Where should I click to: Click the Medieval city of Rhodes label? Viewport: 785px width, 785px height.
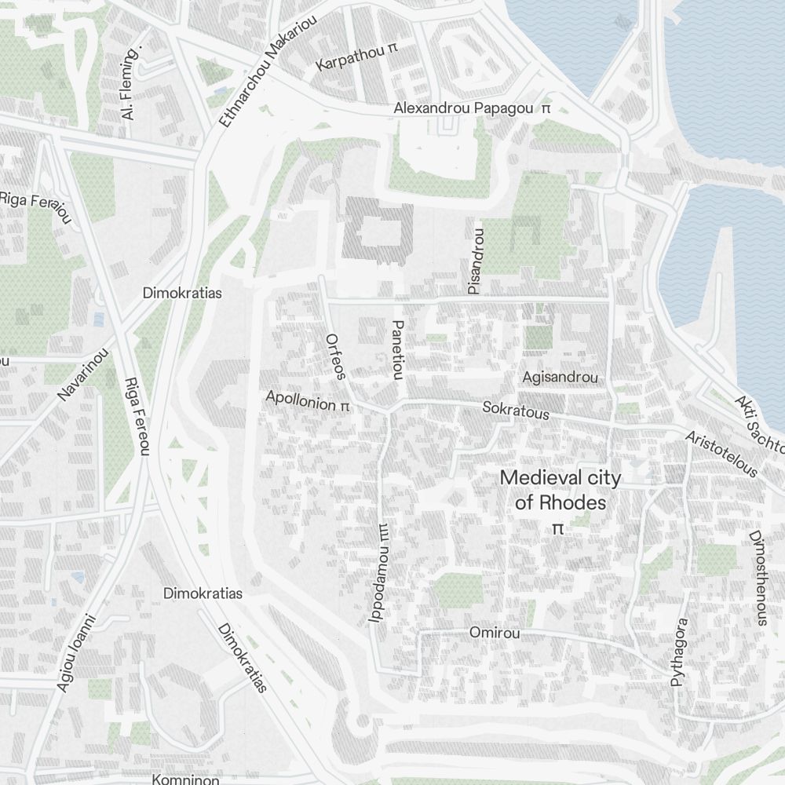(560, 489)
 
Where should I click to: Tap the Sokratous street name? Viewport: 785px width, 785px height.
(515, 409)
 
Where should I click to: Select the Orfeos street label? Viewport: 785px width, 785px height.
(335, 356)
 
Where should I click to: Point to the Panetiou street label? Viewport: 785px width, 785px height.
(398, 349)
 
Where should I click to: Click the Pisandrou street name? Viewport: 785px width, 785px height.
(476, 261)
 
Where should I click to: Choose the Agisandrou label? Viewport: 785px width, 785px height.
(560, 378)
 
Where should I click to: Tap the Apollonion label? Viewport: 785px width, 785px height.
(301, 400)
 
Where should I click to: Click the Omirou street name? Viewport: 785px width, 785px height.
(494, 632)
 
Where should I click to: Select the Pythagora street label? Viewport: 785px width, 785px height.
(679, 652)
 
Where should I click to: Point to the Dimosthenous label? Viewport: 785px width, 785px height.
(758, 579)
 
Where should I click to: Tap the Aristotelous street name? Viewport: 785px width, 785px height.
(721, 454)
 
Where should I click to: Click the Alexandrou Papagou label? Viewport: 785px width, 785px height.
(464, 108)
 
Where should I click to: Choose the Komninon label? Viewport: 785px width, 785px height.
(185, 780)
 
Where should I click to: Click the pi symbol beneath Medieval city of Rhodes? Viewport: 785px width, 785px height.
(558, 528)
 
